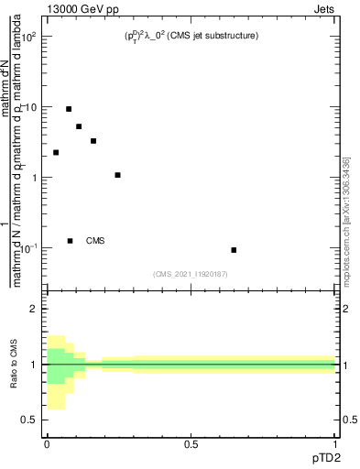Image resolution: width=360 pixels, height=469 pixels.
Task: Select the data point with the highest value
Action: tap(69, 109)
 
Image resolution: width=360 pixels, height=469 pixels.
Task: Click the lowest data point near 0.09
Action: tap(234, 250)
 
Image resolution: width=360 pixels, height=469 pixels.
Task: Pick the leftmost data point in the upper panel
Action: tap(56, 153)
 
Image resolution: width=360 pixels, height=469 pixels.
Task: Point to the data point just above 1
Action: tap(117, 175)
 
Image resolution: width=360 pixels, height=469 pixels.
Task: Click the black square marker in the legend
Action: tap(70, 241)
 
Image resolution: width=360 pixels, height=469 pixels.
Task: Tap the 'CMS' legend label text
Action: tap(95, 241)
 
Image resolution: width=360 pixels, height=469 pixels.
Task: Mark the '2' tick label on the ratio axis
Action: tap(34, 310)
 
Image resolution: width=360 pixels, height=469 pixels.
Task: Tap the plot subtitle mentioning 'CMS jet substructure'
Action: tap(192, 37)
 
